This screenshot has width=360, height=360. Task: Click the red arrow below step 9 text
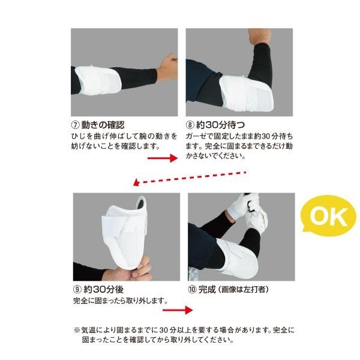[x=179, y=310]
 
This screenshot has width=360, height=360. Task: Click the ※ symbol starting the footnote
[x=76, y=330]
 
